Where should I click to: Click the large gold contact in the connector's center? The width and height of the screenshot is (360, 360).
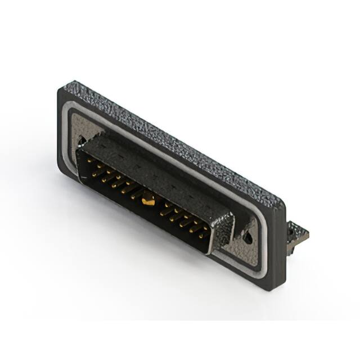(147, 198)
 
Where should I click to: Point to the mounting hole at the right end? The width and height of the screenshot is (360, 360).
(247, 236)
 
